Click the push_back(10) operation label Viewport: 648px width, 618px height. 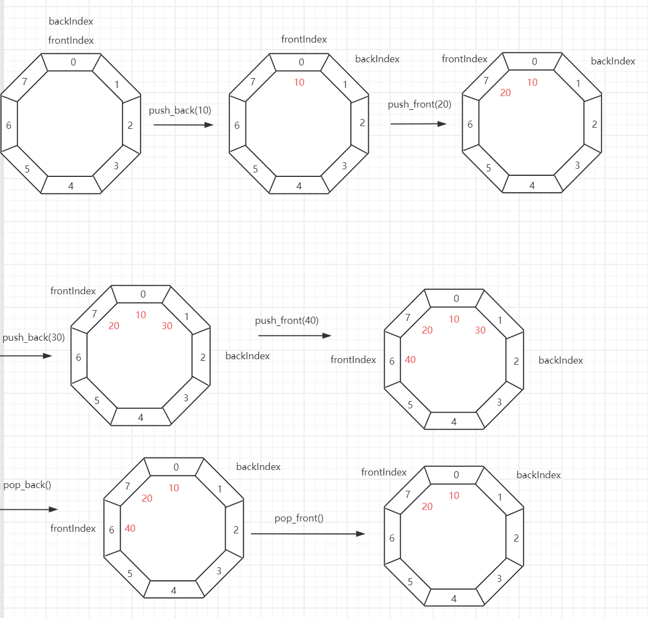[x=180, y=110]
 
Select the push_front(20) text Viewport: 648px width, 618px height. [x=419, y=104]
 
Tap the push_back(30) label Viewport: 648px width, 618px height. [x=33, y=337]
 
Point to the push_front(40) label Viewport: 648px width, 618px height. [x=286, y=320]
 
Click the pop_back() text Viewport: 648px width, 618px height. [x=27, y=485]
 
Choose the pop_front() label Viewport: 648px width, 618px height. [x=299, y=518]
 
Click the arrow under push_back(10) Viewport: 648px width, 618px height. [x=183, y=125]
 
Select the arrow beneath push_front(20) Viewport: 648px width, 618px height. [x=418, y=124]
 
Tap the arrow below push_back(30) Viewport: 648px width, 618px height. [x=26, y=356]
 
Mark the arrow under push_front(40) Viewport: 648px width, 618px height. [x=294, y=336]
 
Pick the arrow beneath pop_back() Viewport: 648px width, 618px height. [x=28, y=509]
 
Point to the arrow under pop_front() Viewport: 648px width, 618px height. [x=308, y=534]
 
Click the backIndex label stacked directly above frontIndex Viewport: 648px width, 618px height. [x=71, y=21]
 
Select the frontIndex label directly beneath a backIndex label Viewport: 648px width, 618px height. [x=71, y=40]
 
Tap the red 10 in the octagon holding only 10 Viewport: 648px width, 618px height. [x=299, y=82]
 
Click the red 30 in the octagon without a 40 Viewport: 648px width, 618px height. [x=167, y=326]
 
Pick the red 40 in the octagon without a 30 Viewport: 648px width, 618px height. [x=130, y=528]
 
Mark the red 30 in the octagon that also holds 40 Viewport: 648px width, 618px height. [x=480, y=330]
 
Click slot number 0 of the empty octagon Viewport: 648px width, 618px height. [x=73, y=62]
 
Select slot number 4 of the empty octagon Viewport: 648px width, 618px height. [x=71, y=186]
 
